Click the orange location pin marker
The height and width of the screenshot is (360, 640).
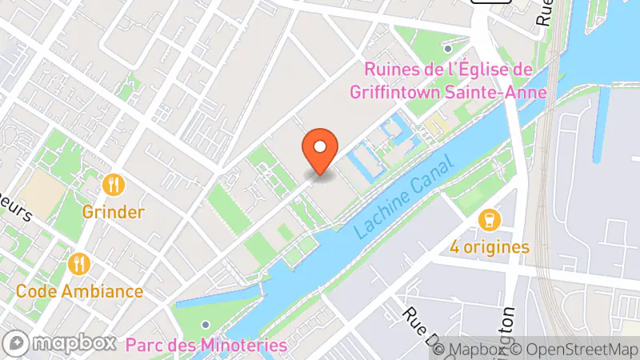320,150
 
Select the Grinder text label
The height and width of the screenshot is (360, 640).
113,212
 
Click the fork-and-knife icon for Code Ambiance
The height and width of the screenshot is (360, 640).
79,263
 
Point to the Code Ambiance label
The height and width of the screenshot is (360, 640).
79,290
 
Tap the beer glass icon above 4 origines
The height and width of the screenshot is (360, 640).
490,219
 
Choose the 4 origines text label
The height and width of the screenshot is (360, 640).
490,246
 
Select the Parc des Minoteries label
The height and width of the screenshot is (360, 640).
206,346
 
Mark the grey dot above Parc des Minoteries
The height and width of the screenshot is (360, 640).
206,324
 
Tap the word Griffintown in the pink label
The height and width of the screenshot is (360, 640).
392,92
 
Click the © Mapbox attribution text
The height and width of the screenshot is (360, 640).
477,349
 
